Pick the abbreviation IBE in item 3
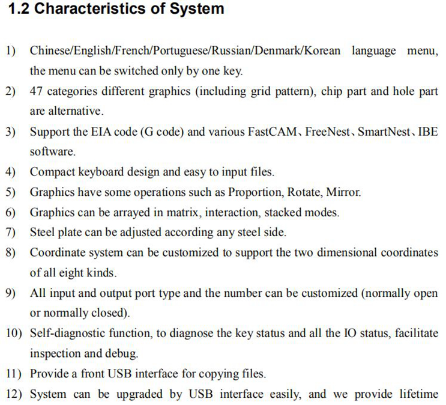(x=428, y=132)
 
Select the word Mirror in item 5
(x=344, y=193)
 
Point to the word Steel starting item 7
(x=42, y=233)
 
